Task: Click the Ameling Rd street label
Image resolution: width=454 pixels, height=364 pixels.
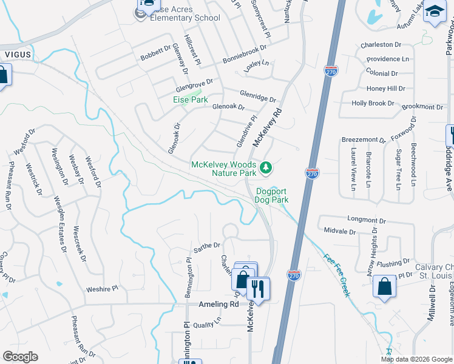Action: pos(219,305)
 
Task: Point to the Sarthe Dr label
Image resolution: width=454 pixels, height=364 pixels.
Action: pos(206,247)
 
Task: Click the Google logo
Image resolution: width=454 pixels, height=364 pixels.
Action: pos(20,356)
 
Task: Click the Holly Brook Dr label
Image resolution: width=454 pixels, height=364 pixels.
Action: pos(373,103)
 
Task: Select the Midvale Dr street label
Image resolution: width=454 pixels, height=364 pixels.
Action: pos(339,231)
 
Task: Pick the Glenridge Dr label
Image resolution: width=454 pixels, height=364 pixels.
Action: pos(257,96)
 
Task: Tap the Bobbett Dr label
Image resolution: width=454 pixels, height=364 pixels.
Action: pos(156,53)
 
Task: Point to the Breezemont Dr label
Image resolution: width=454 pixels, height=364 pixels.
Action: pos(363,140)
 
